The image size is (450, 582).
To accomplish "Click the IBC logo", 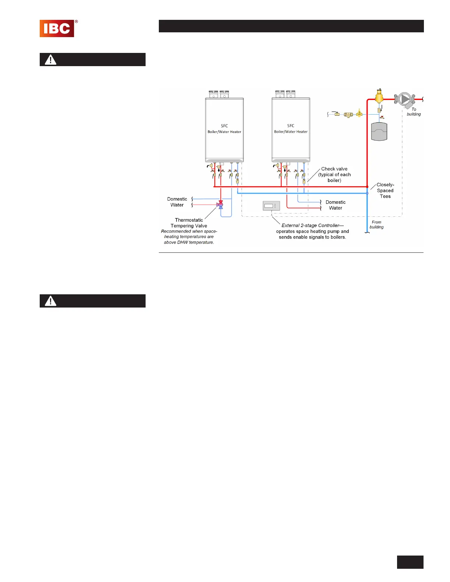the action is pos(57,28).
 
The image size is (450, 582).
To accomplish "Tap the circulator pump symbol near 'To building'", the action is pos(405,99).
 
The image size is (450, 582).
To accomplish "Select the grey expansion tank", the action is pos(379,132).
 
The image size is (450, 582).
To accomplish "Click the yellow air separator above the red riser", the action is pos(379,97).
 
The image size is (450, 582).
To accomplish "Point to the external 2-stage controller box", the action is pos(271,206).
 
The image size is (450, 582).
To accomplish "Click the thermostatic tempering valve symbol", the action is pos(221,205).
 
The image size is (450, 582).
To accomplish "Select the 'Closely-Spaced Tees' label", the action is pos(385,190).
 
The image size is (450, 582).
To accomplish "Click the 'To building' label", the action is pos(414,112).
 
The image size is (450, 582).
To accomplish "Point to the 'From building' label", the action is pos(376,224).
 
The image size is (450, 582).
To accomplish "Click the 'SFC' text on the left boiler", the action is pos(224,126).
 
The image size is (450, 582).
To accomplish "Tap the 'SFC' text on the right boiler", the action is pos(291,126).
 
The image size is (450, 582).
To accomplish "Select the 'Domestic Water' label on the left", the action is pos(177,202).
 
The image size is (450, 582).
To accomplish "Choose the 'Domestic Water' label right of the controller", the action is pos(336,205).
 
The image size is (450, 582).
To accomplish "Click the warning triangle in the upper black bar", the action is pos(50,60).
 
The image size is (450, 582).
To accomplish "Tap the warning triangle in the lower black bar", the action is pos(50,301).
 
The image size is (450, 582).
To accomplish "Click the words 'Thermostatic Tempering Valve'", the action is pos(189,223).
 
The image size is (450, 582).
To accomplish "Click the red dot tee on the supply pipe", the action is pos(367,187).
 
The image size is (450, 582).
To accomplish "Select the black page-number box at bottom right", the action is pos(410,562).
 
